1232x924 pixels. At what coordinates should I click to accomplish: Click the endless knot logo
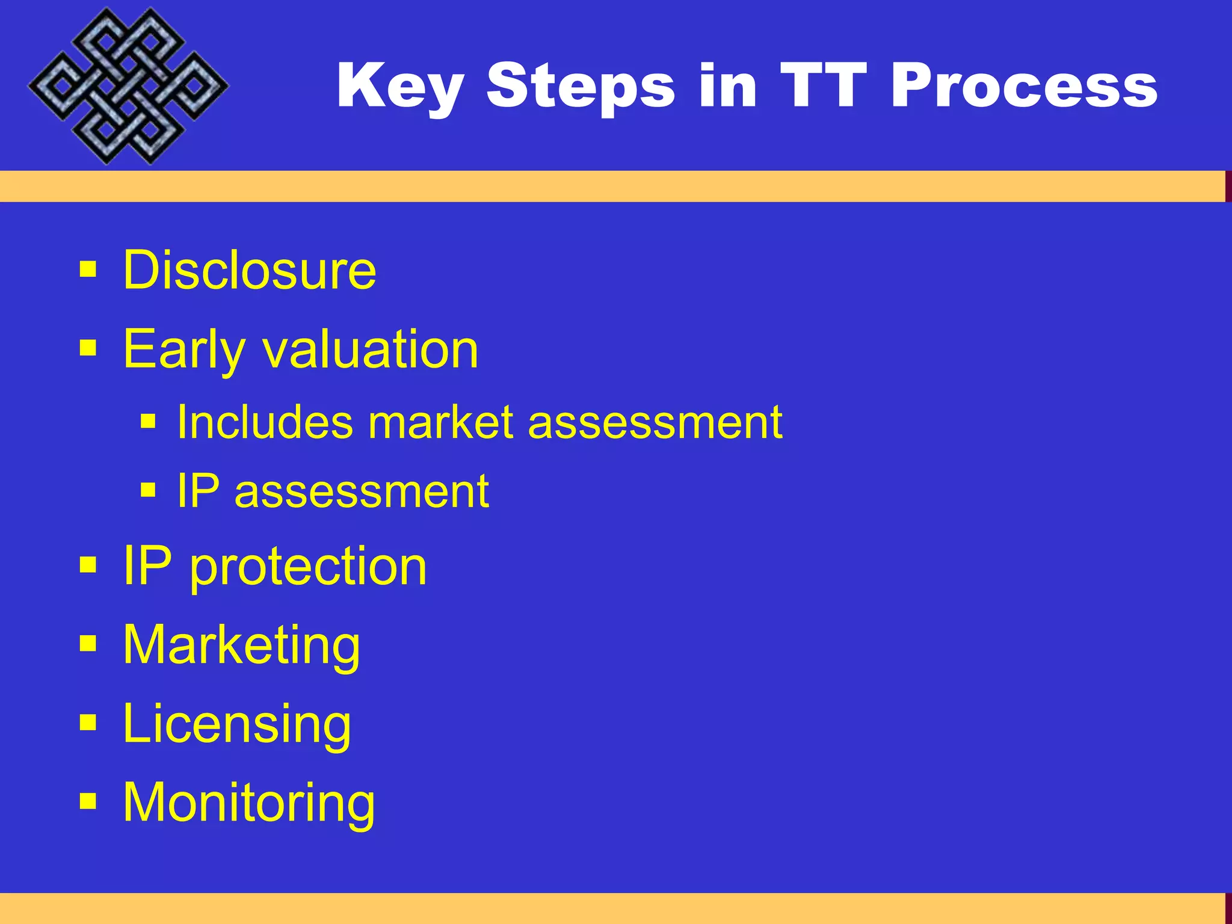(128, 85)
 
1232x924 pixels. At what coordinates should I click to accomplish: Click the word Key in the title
(400, 87)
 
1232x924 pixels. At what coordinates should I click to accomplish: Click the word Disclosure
(249, 270)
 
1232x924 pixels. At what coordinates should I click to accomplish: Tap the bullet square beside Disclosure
(88, 270)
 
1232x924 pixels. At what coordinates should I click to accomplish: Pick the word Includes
(265, 422)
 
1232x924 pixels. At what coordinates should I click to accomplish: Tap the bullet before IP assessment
(148, 490)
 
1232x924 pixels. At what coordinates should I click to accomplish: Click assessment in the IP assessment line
(362, 492)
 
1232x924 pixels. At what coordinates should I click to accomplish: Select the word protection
(308, 567)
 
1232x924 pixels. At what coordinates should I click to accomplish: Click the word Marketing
(241, 645)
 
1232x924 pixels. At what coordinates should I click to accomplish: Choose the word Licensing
(236, 724)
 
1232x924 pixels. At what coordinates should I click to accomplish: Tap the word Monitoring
(248, 803)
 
